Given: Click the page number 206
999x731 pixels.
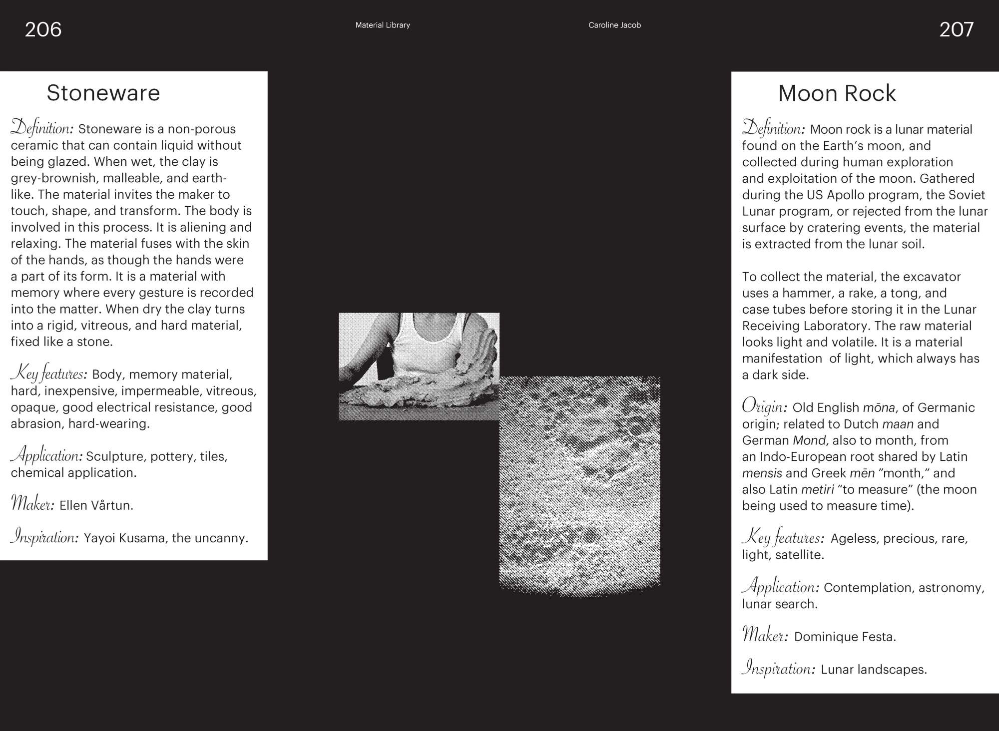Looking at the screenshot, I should (43, 29).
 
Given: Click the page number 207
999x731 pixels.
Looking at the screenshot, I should (956, 29).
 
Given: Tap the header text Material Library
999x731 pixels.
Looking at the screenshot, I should (383, 25).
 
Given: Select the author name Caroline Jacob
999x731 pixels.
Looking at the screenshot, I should (614, 25).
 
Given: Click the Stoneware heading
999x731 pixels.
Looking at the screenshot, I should (103, 93).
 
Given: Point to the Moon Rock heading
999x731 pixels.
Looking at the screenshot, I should (837, 93).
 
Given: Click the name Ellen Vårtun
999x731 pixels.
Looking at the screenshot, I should (96, 505).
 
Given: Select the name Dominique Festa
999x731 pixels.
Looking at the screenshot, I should (845, 637).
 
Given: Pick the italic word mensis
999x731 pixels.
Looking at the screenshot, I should (762, 473).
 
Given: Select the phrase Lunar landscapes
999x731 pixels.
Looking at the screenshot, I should (874, 669).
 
